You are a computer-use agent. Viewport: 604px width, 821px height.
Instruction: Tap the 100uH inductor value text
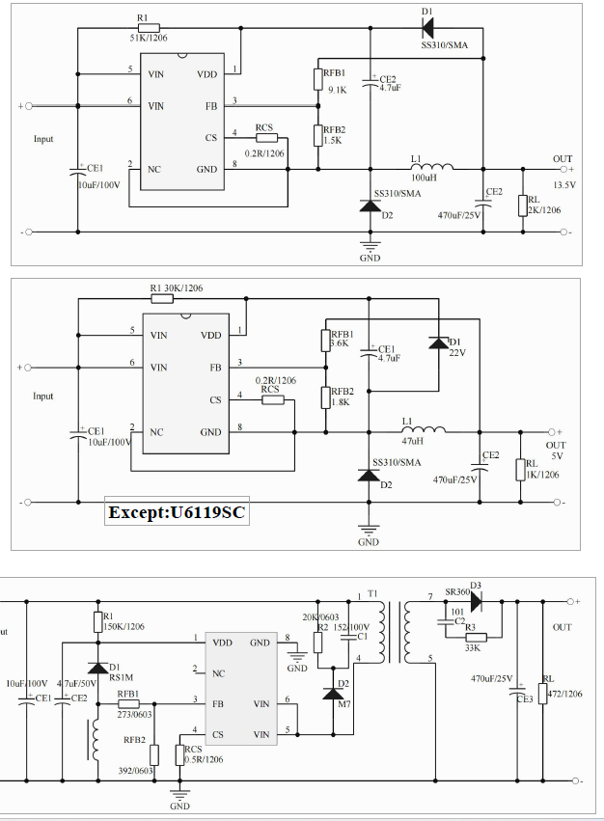(x=425, y=178)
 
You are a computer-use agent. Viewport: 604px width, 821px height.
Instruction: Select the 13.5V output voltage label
(x=563, y=184)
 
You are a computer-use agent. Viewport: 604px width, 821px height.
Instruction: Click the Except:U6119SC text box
(x=178, y=512)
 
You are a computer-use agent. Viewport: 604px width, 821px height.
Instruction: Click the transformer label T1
(x=373, y=592)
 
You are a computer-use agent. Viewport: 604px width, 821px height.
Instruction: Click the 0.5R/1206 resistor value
(x=205, y=759)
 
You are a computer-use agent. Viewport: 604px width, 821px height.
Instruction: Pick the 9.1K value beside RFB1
(x=336, y=90)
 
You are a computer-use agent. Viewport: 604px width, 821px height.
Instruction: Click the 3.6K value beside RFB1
(x=340, y=343)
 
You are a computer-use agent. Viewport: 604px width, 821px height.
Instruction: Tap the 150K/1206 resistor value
(x=124, y=626)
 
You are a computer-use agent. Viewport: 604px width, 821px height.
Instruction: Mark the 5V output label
(x=556, y=455)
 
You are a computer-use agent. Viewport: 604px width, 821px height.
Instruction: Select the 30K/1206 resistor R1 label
(x=177, y=288)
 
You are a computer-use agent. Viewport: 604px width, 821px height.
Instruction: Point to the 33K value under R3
(x=472, y=648)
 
